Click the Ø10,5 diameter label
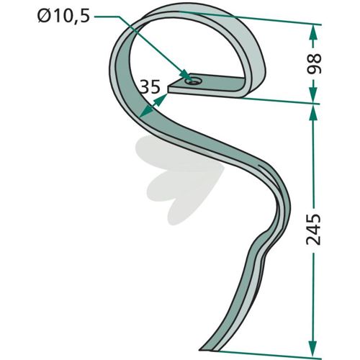click(63, 17)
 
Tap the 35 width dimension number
click(150, 86)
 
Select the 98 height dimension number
click(313, 63)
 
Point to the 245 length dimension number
click(314, 229)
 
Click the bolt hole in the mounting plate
click(192, 81)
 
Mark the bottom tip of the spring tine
click(199, 349)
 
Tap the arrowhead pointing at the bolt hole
click(186, 74)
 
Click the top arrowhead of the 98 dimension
click(314, 31)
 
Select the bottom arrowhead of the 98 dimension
click(312, 96)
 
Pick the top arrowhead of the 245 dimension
click(313, 112)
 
